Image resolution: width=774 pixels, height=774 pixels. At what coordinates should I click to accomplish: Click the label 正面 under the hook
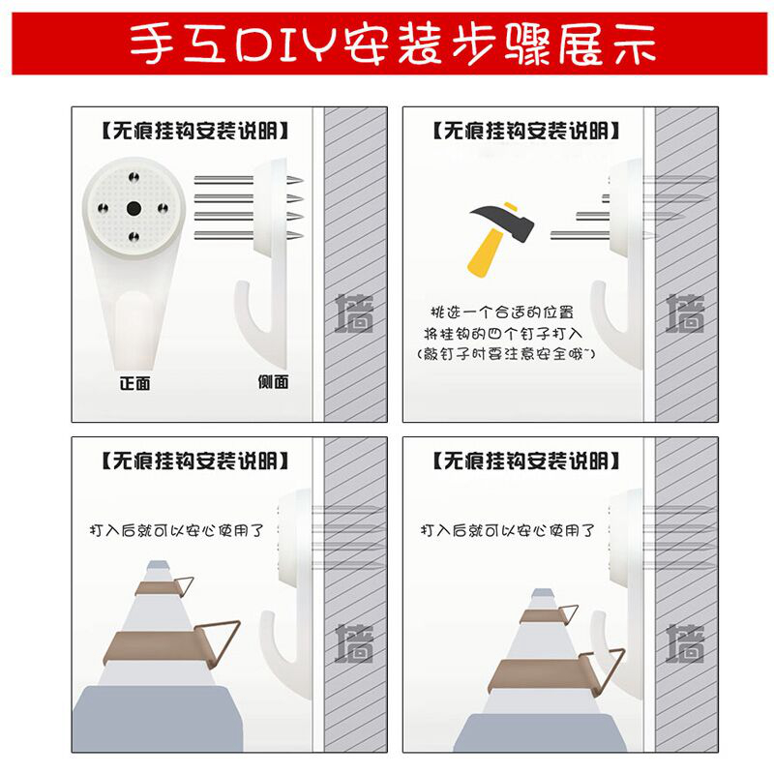pos(134,383)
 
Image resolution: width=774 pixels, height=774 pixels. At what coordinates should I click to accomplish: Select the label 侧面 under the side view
pos(273,381)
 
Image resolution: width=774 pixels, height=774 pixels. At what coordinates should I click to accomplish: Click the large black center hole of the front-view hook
pos(134,208)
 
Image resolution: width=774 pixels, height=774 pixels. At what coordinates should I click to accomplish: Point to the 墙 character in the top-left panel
pos(354,313)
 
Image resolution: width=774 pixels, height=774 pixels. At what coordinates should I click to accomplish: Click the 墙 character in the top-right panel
pos(685,313)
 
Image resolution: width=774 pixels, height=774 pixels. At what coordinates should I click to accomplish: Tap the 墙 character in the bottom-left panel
pos(354,642)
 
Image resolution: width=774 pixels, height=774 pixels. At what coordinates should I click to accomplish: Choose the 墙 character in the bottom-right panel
pos(685,642)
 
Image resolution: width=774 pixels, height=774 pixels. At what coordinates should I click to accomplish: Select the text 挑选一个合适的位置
pos(502,312)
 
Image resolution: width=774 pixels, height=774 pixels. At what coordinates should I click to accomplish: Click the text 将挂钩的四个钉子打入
pos(503,334)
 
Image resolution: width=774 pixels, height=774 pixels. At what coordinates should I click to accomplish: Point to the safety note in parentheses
pos(506,354)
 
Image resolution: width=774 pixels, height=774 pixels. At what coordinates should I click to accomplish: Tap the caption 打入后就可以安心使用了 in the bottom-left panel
pos(176,530)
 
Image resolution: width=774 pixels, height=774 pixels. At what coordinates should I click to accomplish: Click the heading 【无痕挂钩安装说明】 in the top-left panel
pos(194,132)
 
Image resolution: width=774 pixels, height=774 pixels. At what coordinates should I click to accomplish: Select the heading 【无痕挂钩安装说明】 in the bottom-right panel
pos(525,461)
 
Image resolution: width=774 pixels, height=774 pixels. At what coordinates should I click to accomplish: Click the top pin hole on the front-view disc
pos(134,177)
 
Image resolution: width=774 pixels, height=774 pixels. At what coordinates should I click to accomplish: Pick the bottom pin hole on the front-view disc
pos(134,237)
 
